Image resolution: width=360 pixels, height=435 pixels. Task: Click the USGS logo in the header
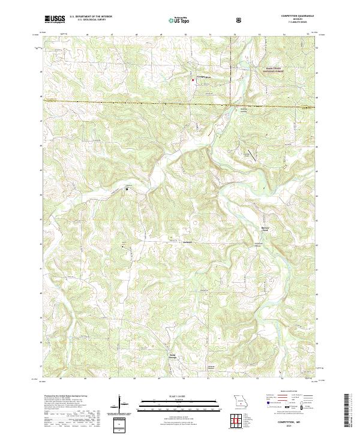click(x=55, y=20)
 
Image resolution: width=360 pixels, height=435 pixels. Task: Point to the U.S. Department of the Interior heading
click(x=91, y=17)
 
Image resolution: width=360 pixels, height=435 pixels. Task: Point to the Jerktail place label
click(x=188, y=241)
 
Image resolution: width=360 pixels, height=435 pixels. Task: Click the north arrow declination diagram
click(x=120, y=403)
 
